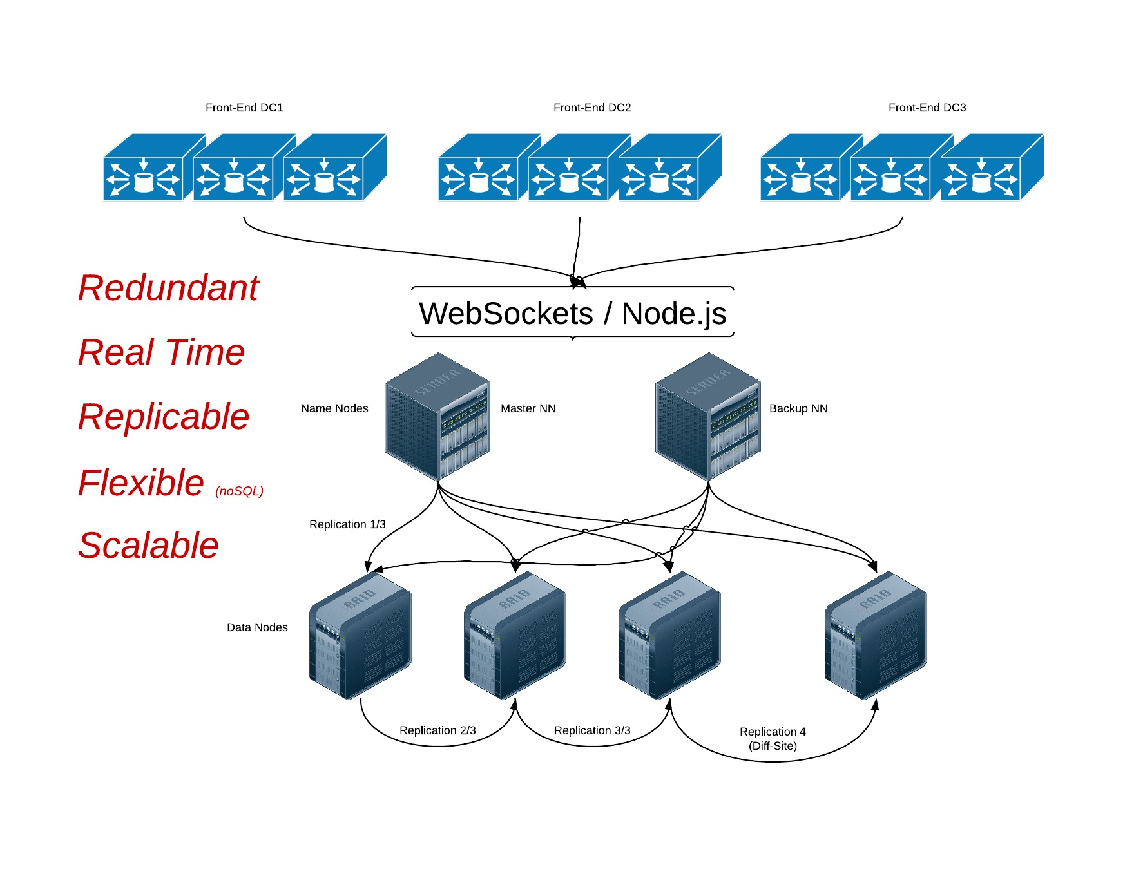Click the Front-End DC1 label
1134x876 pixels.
244,108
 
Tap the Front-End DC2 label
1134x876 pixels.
592,108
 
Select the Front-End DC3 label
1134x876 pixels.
927,108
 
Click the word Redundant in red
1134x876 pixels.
168,288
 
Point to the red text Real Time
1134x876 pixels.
161,352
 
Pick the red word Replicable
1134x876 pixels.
164,417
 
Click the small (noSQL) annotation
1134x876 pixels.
239,491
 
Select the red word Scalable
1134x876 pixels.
148,546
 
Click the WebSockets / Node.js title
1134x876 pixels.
572,314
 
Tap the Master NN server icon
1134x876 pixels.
437,416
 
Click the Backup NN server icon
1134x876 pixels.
708,416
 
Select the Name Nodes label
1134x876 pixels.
334,408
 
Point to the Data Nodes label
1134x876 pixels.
257,627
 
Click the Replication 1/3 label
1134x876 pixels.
347,524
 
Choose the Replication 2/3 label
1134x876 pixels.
437,730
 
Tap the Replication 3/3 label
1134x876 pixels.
592,730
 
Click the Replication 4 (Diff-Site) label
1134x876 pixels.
773,739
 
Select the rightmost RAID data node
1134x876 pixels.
876,636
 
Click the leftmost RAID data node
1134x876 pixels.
360,636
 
